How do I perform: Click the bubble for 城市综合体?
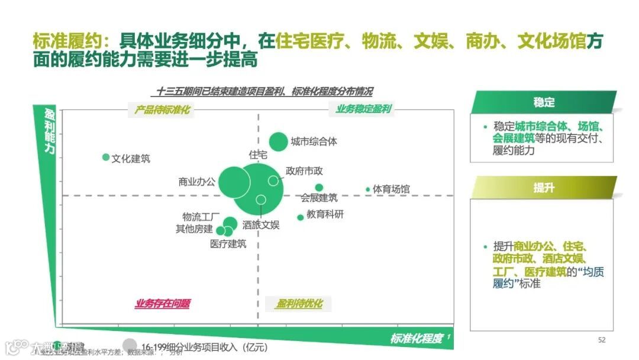tap(278, 142)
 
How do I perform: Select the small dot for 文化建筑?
tap(106, 157)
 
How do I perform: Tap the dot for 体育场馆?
tap(367, 189)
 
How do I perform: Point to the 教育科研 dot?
tap(300, 217)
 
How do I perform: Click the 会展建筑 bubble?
tap(319, 188)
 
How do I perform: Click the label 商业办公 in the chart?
tap(197, 182)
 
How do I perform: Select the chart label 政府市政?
tap(304, 171)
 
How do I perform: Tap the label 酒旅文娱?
tap(261, 225)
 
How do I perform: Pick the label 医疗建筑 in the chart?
tap(228, 243)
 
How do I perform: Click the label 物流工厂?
tap(201, 217)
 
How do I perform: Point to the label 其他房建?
tap(194, 229)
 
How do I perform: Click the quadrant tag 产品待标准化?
tap(162, 110)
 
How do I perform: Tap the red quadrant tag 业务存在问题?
tap(163, 304)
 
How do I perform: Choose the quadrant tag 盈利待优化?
tap(299, 304)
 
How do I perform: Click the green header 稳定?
tap(544, 102)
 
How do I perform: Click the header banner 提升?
tap(544, 188)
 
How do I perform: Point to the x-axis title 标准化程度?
tap(417, 339)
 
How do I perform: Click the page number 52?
tap(602, 340)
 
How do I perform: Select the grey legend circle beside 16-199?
tap(130, 344)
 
